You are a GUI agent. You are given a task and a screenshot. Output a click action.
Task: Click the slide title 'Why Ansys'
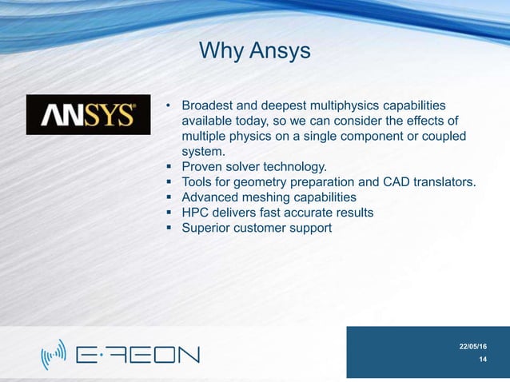click(x=254, y=52)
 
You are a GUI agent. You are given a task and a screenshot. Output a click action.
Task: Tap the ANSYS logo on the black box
click(x=88, y=115)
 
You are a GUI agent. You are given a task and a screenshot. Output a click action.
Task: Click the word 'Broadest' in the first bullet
click(x=210, y=106)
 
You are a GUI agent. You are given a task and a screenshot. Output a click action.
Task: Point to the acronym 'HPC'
click(x=197, y=213)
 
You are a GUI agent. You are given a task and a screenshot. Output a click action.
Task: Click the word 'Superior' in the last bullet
click(x=207, y=228)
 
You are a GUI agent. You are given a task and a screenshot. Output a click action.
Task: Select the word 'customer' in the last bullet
click(x=265, y=228)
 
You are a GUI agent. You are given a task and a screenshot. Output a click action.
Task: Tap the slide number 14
click(x=483, y=360)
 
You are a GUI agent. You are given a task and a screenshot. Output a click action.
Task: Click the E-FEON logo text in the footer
click(x=137, y=354)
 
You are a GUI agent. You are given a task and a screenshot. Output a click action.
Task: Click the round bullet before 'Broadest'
click(x=168, y=107)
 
